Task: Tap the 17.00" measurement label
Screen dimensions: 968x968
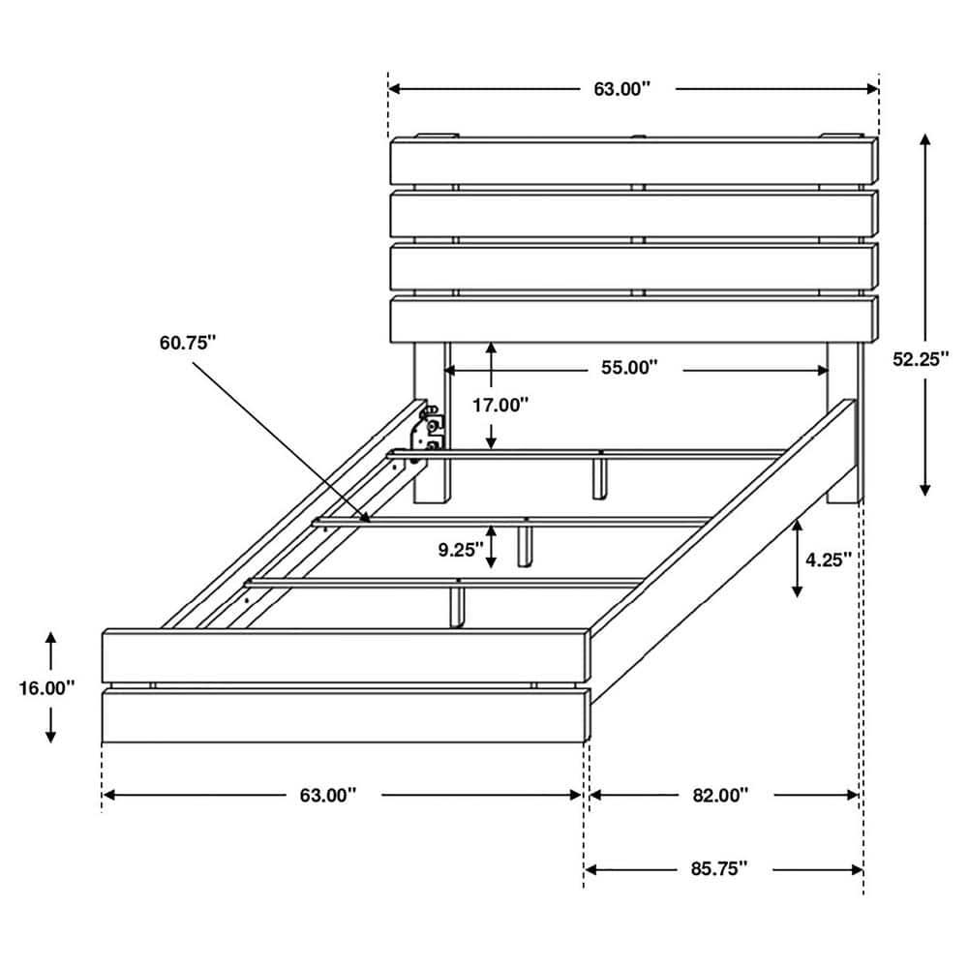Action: click(499, 406)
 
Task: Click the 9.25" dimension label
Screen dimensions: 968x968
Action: click(460, 550)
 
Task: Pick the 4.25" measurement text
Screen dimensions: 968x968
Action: click(828, 559)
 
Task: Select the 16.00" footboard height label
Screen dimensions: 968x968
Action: click(45, 688)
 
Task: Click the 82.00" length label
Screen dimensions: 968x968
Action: click(720, 795)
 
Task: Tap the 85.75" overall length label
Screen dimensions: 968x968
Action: click(720, 869)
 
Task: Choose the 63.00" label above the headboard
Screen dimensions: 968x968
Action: click(621, 89)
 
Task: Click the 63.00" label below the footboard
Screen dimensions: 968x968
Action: click(327, 795)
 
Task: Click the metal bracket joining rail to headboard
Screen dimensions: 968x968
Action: click(428, 429)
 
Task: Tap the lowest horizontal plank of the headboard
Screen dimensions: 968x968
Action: click(634, 319)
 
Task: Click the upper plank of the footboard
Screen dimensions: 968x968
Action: click(345, 656)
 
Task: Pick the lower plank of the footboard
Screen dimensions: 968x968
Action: click(345, 716)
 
